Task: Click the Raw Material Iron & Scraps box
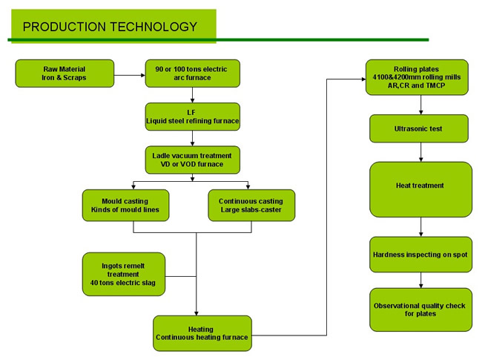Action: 65,73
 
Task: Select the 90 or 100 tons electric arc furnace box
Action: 193,73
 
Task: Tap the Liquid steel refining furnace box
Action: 193,117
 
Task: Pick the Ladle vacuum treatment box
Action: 193,160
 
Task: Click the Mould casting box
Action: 125,205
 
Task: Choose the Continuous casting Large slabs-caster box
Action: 251,205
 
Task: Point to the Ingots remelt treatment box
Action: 124,274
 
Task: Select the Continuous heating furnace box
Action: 202,333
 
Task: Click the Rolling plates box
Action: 417,77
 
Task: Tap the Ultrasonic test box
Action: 419,128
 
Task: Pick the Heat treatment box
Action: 420,189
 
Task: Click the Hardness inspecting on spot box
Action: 420,255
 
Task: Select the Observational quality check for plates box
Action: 420,310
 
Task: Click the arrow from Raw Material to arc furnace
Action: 130,75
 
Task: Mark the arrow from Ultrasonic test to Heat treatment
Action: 421,152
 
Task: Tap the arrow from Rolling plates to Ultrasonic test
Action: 421,105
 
